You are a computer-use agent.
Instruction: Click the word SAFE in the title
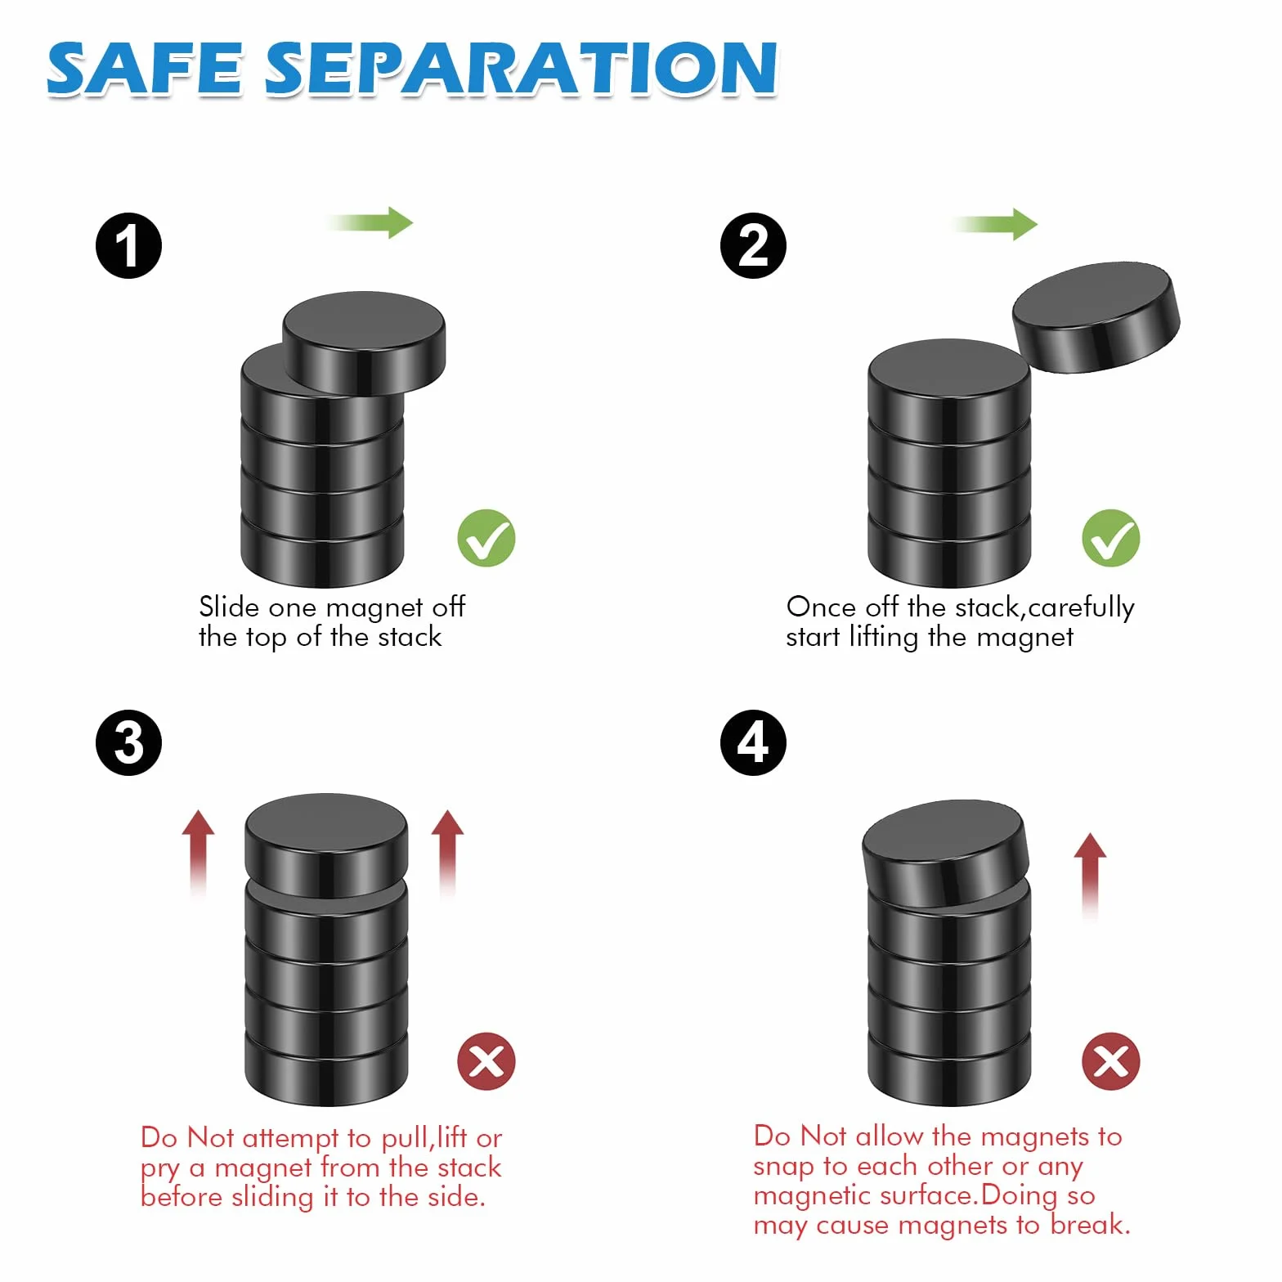pyautogui.click(x=145, y=69)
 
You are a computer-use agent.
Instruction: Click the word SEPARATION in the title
pyautogui.click(x=521, y=69)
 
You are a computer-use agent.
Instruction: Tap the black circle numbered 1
pyautogui.click(x=128, y=245)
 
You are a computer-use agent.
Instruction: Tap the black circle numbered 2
pyautogui.click(x=753, y=245)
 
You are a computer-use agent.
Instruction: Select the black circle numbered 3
pyautogui.click(x=128, y=742)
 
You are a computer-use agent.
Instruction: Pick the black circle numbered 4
pyautogui.click(x=753, y=742)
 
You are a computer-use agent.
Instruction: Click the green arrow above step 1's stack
pyautogui.click(x=370, y=222)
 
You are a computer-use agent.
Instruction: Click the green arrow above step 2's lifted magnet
pyautogui.click(x=995, y=223)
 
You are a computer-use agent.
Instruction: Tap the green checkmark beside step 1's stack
pyautogui.click(x=486, y=538)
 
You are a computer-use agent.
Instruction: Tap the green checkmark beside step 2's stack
pyautogui.click(x=1111, y=538)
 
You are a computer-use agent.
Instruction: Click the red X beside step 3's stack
pyautogui.click(x=486, y=1061)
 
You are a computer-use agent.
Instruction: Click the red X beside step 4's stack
pyautogui.click(x=1111, y=1061)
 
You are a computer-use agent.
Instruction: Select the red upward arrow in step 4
pyautogui.click(x=1090, y=877)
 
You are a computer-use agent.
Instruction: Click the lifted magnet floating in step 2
pyautogui.click(x=1096, y=317)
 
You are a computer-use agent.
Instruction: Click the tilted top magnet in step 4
pyautogui.click(x=946, y=853)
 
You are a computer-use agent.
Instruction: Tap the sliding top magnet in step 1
pyautogui.click(x=364, y=342)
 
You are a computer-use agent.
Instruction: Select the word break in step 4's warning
pyautogui.click(x=1091, y=1224)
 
